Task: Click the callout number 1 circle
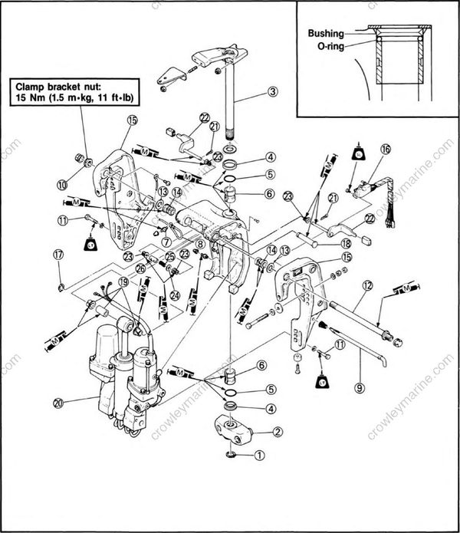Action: click(x=259, y=454)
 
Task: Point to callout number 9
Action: click(x=359, y=388)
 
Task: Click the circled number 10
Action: click(x=61, y=183)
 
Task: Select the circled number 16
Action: click(x=385, y=150)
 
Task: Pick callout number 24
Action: click(x=176, y=292)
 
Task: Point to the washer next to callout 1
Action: click(x=232, y=456)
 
